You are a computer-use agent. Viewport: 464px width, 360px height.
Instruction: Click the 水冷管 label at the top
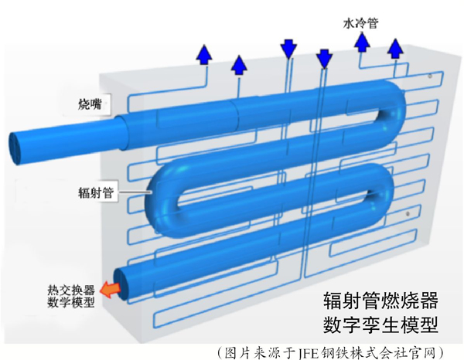[360, 24]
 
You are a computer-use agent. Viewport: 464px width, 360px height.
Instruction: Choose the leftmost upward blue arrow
[204, 54]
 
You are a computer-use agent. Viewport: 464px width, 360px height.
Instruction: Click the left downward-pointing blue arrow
[289, 49]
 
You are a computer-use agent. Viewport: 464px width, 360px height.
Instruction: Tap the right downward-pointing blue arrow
[325, 56]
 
